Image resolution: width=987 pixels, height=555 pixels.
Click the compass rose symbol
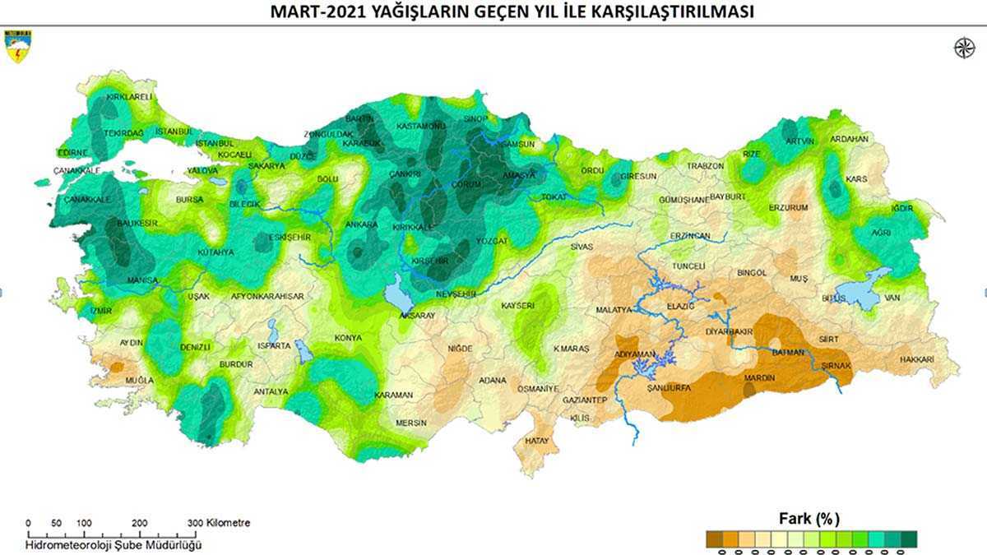[962, 49]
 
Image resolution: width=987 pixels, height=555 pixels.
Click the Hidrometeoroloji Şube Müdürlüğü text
[114, 544]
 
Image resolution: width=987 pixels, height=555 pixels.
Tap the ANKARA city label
[362, 224]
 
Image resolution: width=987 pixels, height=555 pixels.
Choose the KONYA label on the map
[348, 338]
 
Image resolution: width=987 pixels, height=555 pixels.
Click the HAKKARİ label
[917, 359]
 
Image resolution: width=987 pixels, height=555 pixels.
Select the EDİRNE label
[72, 152]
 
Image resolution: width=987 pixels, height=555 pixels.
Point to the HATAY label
[536, 442]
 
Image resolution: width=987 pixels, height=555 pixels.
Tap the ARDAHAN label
[849, 139]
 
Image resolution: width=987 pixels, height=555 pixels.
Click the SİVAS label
[582, 246]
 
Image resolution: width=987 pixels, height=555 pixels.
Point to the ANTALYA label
[271, 391]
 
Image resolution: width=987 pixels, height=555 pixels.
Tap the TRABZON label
[706, 165]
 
